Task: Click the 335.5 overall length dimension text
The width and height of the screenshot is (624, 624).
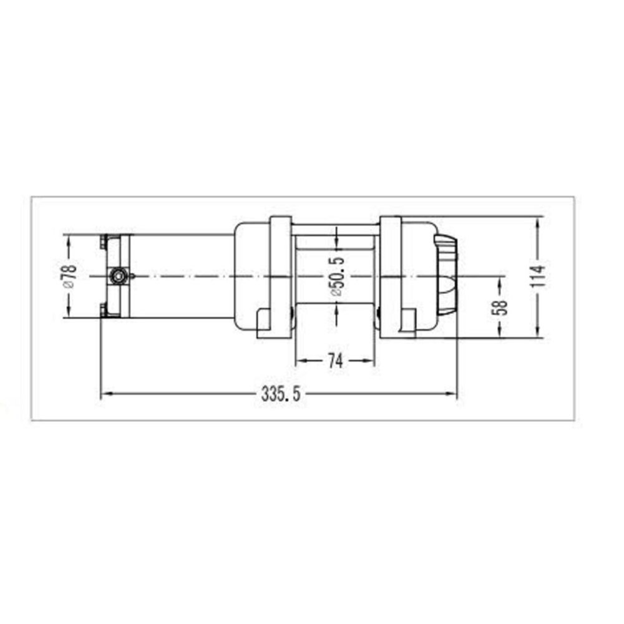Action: [281, 394]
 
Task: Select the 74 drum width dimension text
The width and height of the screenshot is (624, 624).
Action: [335, 361]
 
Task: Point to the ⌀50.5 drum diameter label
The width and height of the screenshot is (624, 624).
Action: [337, 276]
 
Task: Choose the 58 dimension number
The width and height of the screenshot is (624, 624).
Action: [500, 307]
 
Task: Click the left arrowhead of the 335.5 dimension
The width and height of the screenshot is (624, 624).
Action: [105, 394]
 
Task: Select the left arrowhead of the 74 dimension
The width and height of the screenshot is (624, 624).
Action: [301, 361]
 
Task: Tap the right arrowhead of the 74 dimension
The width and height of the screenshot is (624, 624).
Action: [369, 361]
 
